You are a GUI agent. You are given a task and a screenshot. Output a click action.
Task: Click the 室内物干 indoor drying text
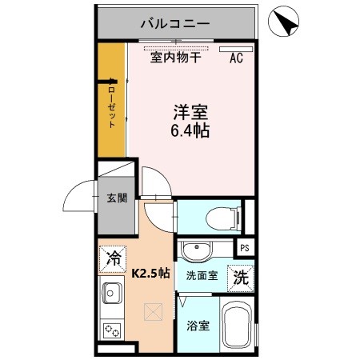pos(176,57)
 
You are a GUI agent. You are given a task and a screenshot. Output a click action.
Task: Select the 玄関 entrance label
pos(116,198)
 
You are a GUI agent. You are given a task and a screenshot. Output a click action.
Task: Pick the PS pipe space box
pos(246,248)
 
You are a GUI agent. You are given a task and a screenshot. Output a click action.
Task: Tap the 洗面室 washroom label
pos(201,276)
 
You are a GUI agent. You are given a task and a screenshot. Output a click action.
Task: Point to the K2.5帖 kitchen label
pos(150,273)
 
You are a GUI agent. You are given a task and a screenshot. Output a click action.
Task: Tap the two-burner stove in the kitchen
pos(110,329)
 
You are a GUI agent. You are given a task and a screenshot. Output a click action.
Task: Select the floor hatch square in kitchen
pos(152,312)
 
